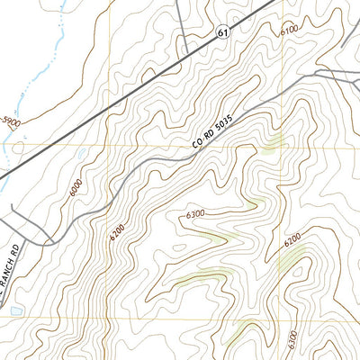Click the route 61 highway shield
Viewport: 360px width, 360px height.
223,32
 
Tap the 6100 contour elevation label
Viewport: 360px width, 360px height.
289,30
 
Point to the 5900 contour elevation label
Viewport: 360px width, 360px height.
13,121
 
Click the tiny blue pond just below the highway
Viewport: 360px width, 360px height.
83,154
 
